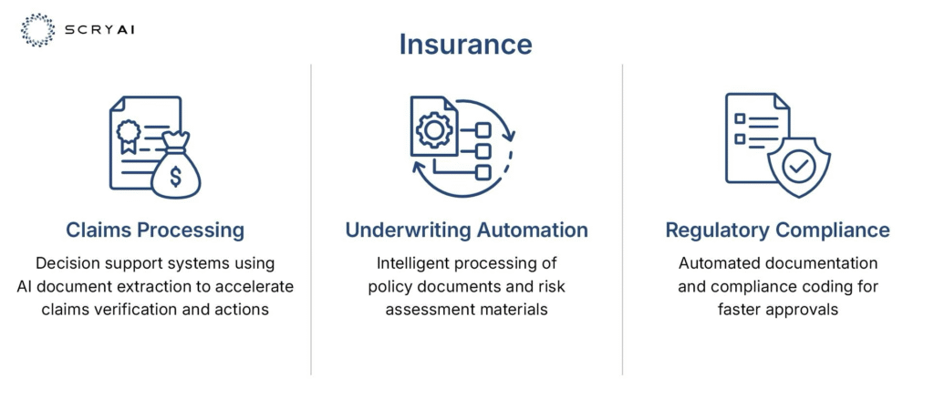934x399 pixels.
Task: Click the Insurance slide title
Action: click(465, 44)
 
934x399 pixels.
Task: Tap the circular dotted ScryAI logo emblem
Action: click(37, 30)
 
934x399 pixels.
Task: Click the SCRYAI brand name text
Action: click(98, 30)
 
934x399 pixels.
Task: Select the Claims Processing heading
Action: click(155, 230)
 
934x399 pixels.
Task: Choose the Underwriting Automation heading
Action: click(466, 230)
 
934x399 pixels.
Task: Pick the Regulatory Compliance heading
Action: click(777, 230)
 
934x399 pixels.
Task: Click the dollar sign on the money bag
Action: click(176, 176)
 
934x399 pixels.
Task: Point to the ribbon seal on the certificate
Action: click(128, 135)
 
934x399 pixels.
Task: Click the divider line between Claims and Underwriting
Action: click(311, 220)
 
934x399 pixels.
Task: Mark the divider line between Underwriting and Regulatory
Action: click(622, 220)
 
